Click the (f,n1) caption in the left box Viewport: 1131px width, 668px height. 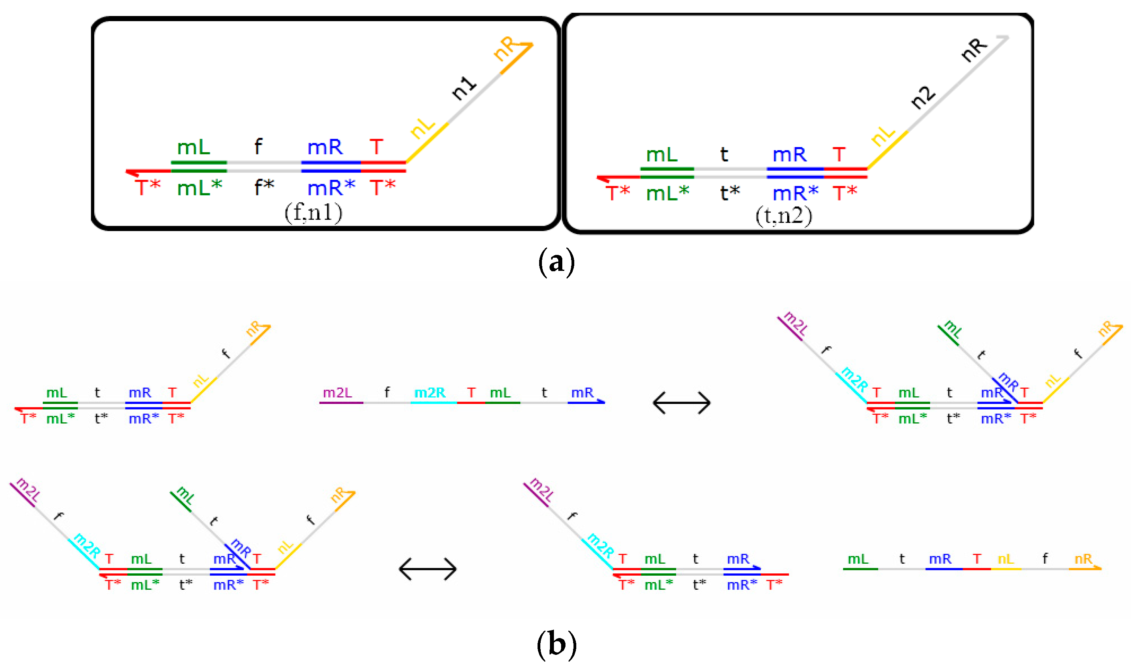[x=314, y=212]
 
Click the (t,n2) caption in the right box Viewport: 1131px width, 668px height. [x=783, y=216]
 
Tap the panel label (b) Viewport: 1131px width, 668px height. [x=556, y=644]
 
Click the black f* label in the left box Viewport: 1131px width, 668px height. [x=264, y=187]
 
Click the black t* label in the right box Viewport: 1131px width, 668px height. [x=730, y=193]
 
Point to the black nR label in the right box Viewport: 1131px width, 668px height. [x=973, y=50]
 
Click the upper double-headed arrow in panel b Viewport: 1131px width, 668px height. [x=681, y=402]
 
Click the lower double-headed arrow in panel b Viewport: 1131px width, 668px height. [x=427, y=569]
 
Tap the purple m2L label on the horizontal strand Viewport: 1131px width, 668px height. [x=337, y=392]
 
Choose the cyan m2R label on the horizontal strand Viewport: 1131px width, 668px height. [x=430, y=392]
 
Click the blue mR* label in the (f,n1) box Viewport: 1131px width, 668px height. [x=331, y=187]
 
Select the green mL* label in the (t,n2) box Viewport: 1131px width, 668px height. [x=667, y=193]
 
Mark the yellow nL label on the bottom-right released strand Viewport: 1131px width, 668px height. [x=1006, y=559]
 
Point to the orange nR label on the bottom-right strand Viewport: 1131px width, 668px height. [x=1083, y=559]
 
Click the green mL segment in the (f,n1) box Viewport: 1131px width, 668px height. [x=199, y=163]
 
